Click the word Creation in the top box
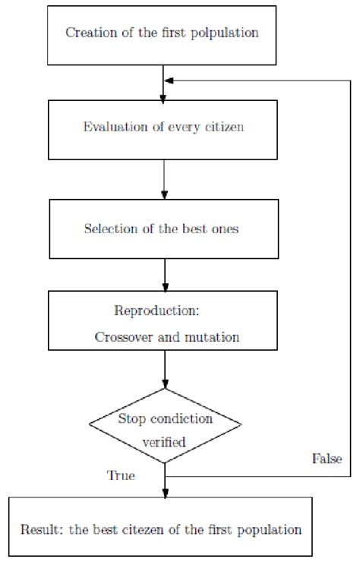(88, 33)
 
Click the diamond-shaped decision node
(165, 428)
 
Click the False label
(327, 459)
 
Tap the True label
(121, 476)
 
